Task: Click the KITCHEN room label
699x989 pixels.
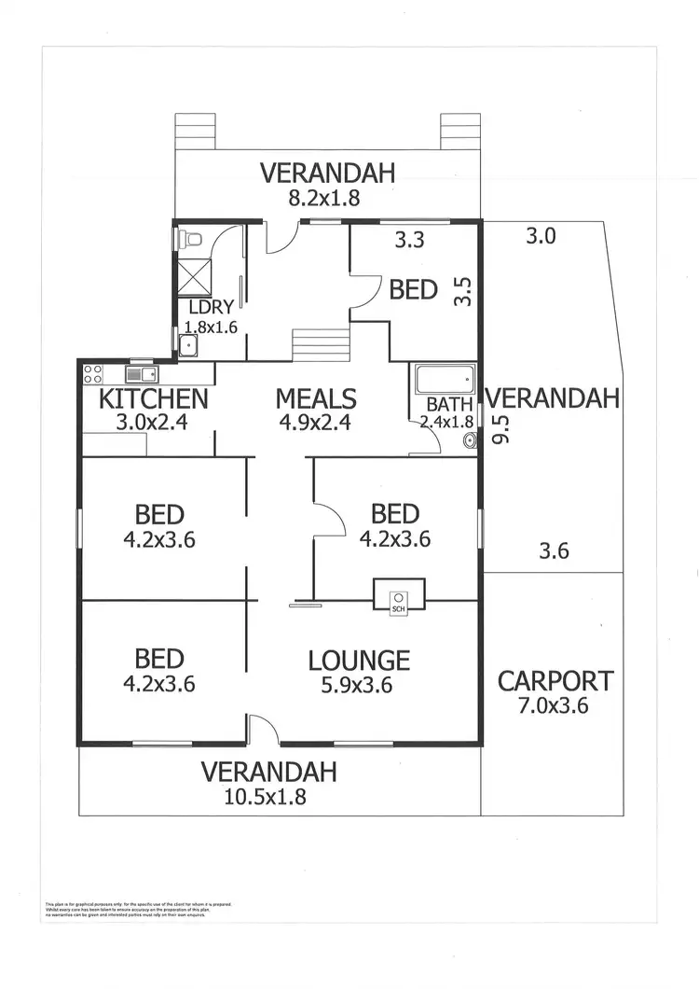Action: pos(153,399)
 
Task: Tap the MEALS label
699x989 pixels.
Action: pos(316,399)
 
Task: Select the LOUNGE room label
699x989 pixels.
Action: pos(359,661)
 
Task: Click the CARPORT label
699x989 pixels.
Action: pos(555,681)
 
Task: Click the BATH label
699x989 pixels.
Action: pos(444,405)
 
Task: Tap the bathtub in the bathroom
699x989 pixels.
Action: pos(444,380)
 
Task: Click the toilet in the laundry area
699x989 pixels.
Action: pos(193,239)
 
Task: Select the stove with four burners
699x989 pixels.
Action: pos(93,375)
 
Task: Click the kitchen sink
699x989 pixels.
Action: pos(142,375)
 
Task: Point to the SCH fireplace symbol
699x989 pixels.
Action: pos(399,597)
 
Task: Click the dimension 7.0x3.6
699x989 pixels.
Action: pos(555,705)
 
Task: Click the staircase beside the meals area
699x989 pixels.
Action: pos(321,345)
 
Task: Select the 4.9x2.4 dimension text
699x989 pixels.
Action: pos(316,423)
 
